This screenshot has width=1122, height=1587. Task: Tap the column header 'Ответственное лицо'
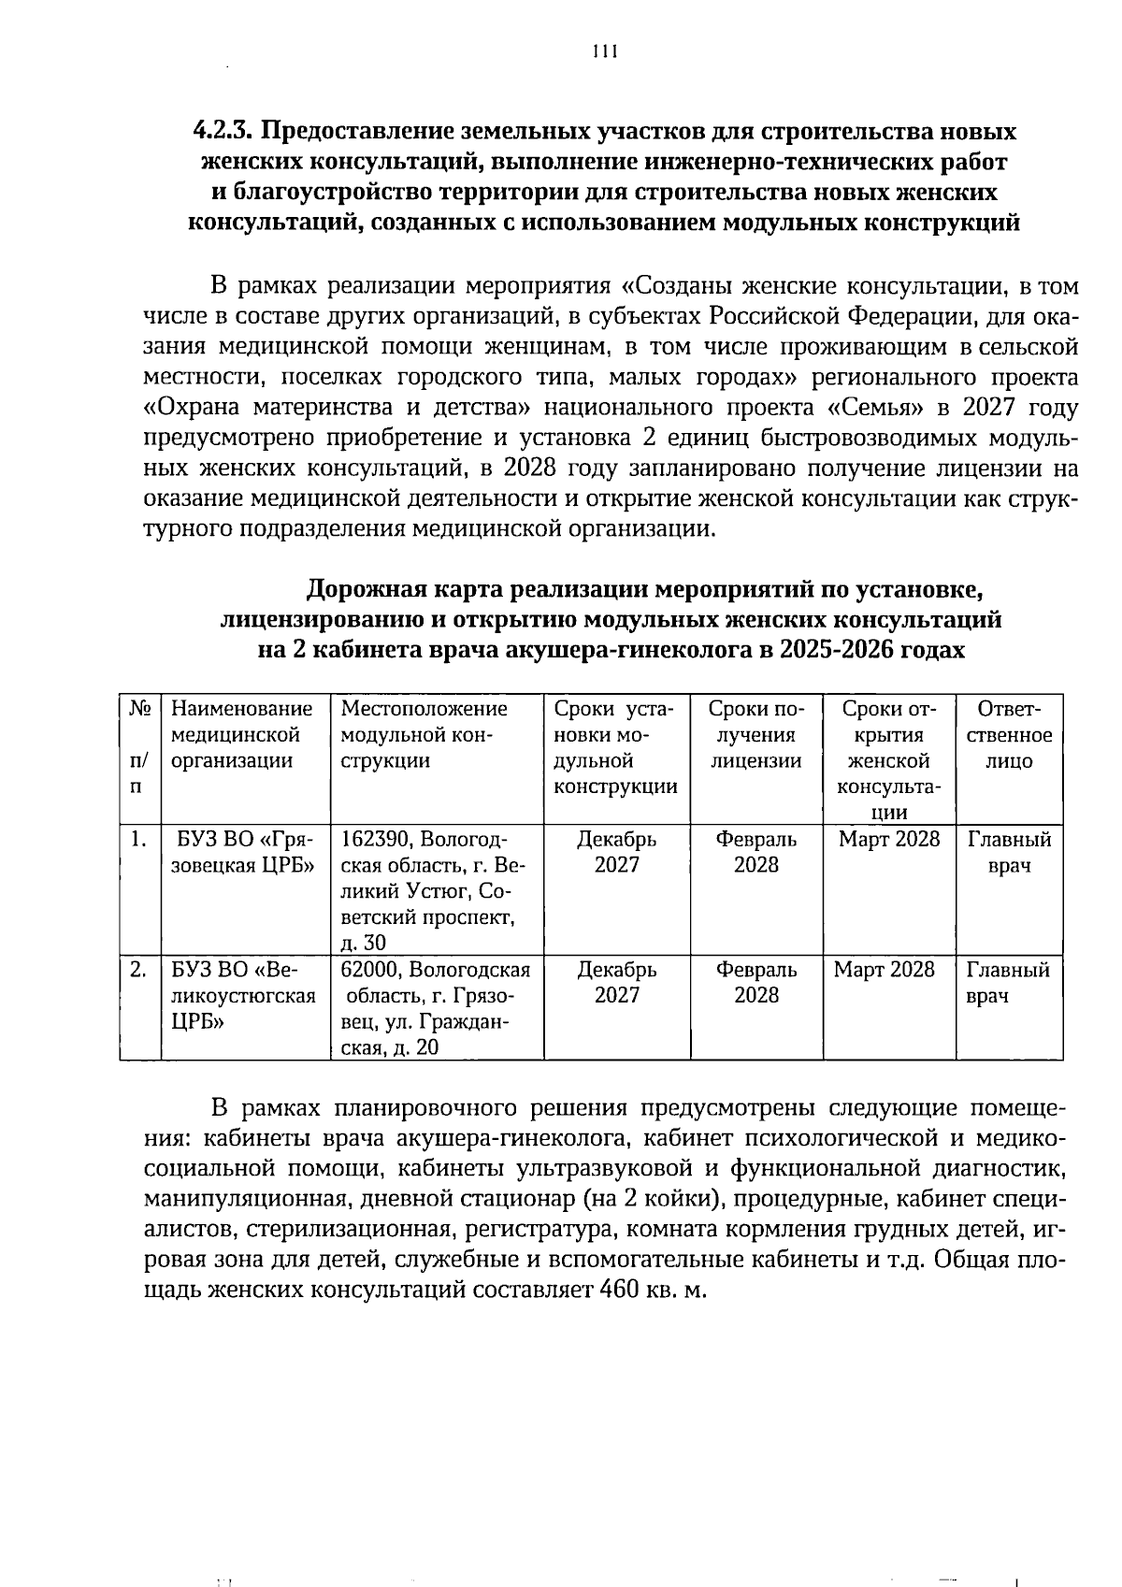click(1008, 735)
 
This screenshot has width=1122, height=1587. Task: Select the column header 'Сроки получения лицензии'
click(755, 735)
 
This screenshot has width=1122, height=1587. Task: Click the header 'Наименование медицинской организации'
click(242, 735)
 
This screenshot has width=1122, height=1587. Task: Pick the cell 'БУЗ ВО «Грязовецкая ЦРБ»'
click(243, 852)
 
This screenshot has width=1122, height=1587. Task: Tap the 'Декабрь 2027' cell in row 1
click(616, 852)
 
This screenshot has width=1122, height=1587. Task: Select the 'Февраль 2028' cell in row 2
click(755, 983)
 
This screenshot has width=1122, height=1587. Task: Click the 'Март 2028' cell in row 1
click(888, 840)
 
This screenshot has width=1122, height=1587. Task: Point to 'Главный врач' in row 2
click(1007, 983)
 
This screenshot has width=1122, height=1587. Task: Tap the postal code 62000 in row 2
click(372, 970)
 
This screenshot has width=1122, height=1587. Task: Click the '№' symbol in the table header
click(139, 710)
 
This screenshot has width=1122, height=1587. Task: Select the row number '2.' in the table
click(138, 970)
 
